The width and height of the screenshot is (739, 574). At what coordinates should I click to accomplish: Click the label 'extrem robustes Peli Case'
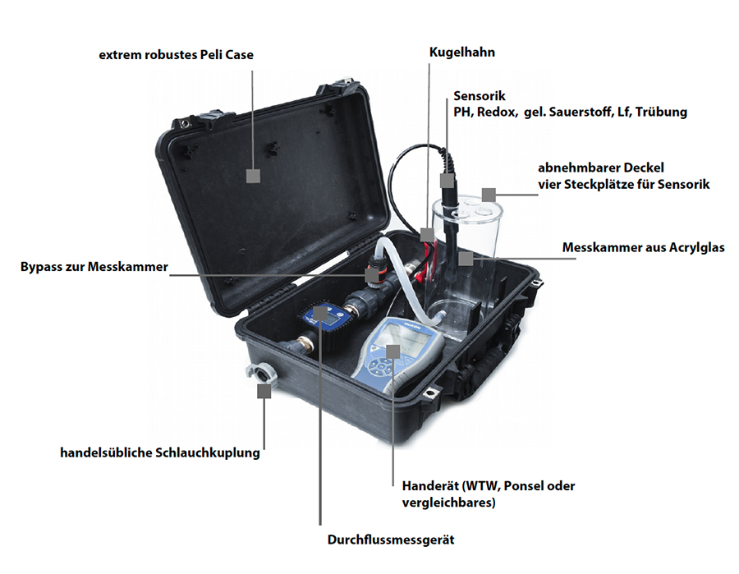pos(177,55)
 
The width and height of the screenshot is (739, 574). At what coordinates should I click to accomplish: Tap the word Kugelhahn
pos(461,53)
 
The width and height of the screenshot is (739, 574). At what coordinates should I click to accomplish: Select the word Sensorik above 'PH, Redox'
pos(480,96)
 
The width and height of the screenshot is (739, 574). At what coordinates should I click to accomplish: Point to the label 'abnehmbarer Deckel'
pos(601,168)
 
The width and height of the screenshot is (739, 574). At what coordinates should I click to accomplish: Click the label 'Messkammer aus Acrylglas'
pos(643,248)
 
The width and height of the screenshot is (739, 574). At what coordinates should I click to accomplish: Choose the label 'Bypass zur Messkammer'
pos(94,267)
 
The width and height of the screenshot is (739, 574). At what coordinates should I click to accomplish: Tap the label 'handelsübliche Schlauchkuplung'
pos(160,453)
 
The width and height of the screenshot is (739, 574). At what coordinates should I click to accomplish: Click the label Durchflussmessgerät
pos(391,540)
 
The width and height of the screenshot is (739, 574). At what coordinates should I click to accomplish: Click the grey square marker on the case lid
pos(253,176)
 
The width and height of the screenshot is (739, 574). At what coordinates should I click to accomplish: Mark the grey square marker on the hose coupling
pos(264,391)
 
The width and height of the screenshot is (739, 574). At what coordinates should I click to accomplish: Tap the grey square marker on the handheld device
pos(392,351)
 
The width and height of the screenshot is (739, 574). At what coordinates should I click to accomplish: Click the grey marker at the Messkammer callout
pos(466,258)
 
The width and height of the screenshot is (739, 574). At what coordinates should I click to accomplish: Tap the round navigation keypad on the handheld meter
pos(380,365)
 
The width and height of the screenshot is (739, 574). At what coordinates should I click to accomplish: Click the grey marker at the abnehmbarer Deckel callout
pos(489,195)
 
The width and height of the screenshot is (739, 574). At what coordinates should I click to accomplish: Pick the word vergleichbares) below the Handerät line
pos(448,503)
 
